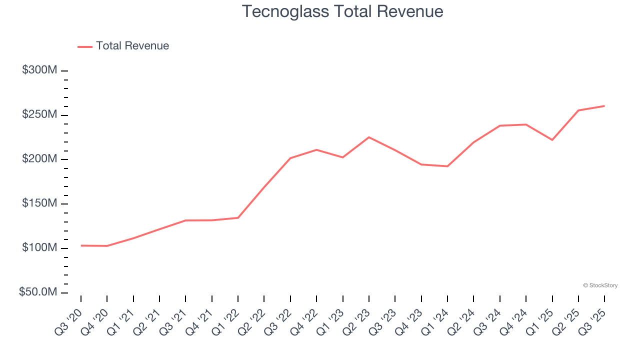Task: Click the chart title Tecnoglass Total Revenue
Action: click(x=342, y=11)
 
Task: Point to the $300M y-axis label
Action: click(x=39, y=70)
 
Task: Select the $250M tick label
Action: click(x=39, y=114)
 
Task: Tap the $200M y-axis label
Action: click(x=39, y=159)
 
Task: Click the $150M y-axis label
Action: click(x=39, y=203)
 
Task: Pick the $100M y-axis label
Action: click(x=39, y=248)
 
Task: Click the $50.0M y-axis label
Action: click(x=38, y=292)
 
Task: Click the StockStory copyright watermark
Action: click(x=600, y=285)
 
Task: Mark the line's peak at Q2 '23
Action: click(x=369, y=137)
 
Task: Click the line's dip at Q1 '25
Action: click(x=552, y=140)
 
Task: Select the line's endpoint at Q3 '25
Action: click(x=604, y=106)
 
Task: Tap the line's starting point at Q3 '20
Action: click(x=81, y=245)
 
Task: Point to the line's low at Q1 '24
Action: click(x=447, y=166)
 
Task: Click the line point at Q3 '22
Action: click(x=290, y=158)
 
